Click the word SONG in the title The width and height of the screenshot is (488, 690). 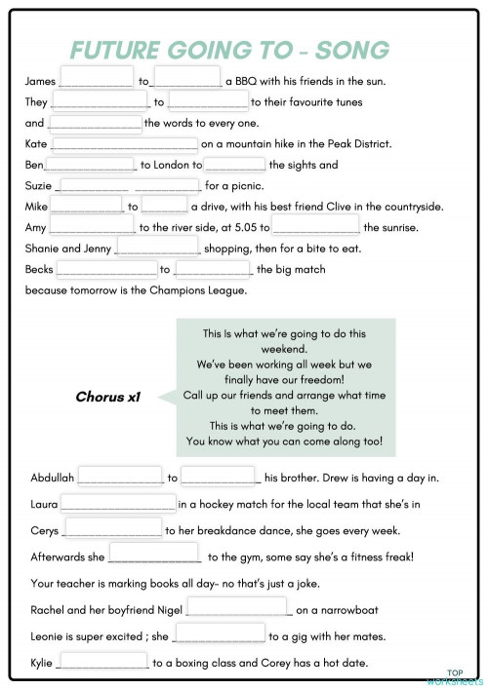(x=348, y=50)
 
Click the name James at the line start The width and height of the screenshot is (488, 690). (x=40, y=81)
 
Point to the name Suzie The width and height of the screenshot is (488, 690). (x=40, y=185)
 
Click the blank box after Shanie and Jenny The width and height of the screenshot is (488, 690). (x=157, y=248)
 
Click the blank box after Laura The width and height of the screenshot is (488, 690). (x=118, y=504)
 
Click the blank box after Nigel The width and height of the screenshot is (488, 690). (x=238, y=610)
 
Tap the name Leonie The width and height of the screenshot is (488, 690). (x=50, y=637)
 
